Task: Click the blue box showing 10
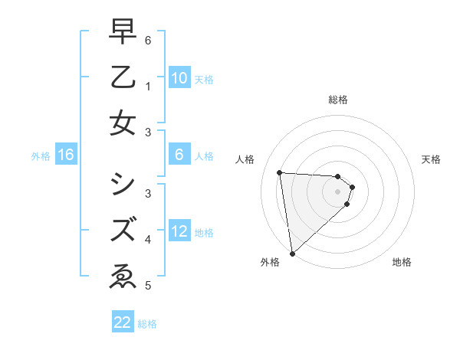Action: click(179, 78)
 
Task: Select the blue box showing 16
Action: click(66, 155)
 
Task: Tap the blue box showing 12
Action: click(179, 232)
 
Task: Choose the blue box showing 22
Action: click(123, 322)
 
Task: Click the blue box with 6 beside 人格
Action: click(179, 155)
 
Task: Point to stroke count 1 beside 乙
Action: click(147, 87)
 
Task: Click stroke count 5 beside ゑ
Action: click(147, 286)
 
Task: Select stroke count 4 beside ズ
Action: click(147, 240)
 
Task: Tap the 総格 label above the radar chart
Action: click(338, 100)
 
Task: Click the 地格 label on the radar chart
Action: click(402, 262)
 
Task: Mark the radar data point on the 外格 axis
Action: click(292, 253)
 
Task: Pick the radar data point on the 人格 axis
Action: click(279, 172)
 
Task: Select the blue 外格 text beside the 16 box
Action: click(41, 156)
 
